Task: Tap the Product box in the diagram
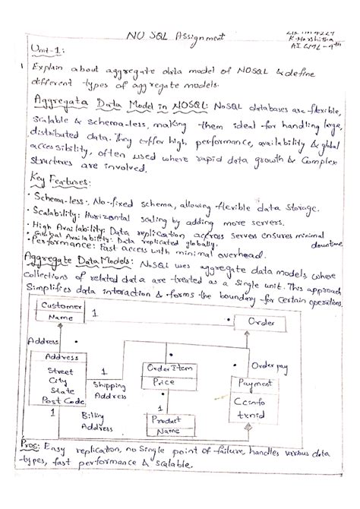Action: (168, 425)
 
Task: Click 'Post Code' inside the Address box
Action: (62, 400)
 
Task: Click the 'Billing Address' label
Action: (96, 422)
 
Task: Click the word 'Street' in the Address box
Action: (60, 371)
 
